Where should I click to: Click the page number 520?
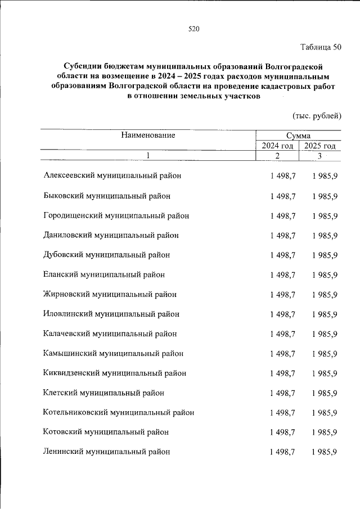click(x=194, y=29)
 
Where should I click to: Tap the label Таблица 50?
click(x=320, y=47)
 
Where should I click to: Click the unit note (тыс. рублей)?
click(x=317, y=116)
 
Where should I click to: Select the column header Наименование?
click(x=147, y=135)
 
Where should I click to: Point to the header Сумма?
click(x=298, y=136)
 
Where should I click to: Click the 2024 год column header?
click(x=277, y=146)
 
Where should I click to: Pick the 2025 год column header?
click(x=320, y=146)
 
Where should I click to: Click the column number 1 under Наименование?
click(x=147, y=156)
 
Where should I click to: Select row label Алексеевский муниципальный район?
click(x=112, y=176)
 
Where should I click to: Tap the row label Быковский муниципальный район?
click(x=106, y=196)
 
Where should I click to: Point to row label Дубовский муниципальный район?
click(x=106, y=255)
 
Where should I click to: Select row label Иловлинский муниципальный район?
click(x=111, y=314)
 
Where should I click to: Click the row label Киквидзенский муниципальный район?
click(x=114, y=373)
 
